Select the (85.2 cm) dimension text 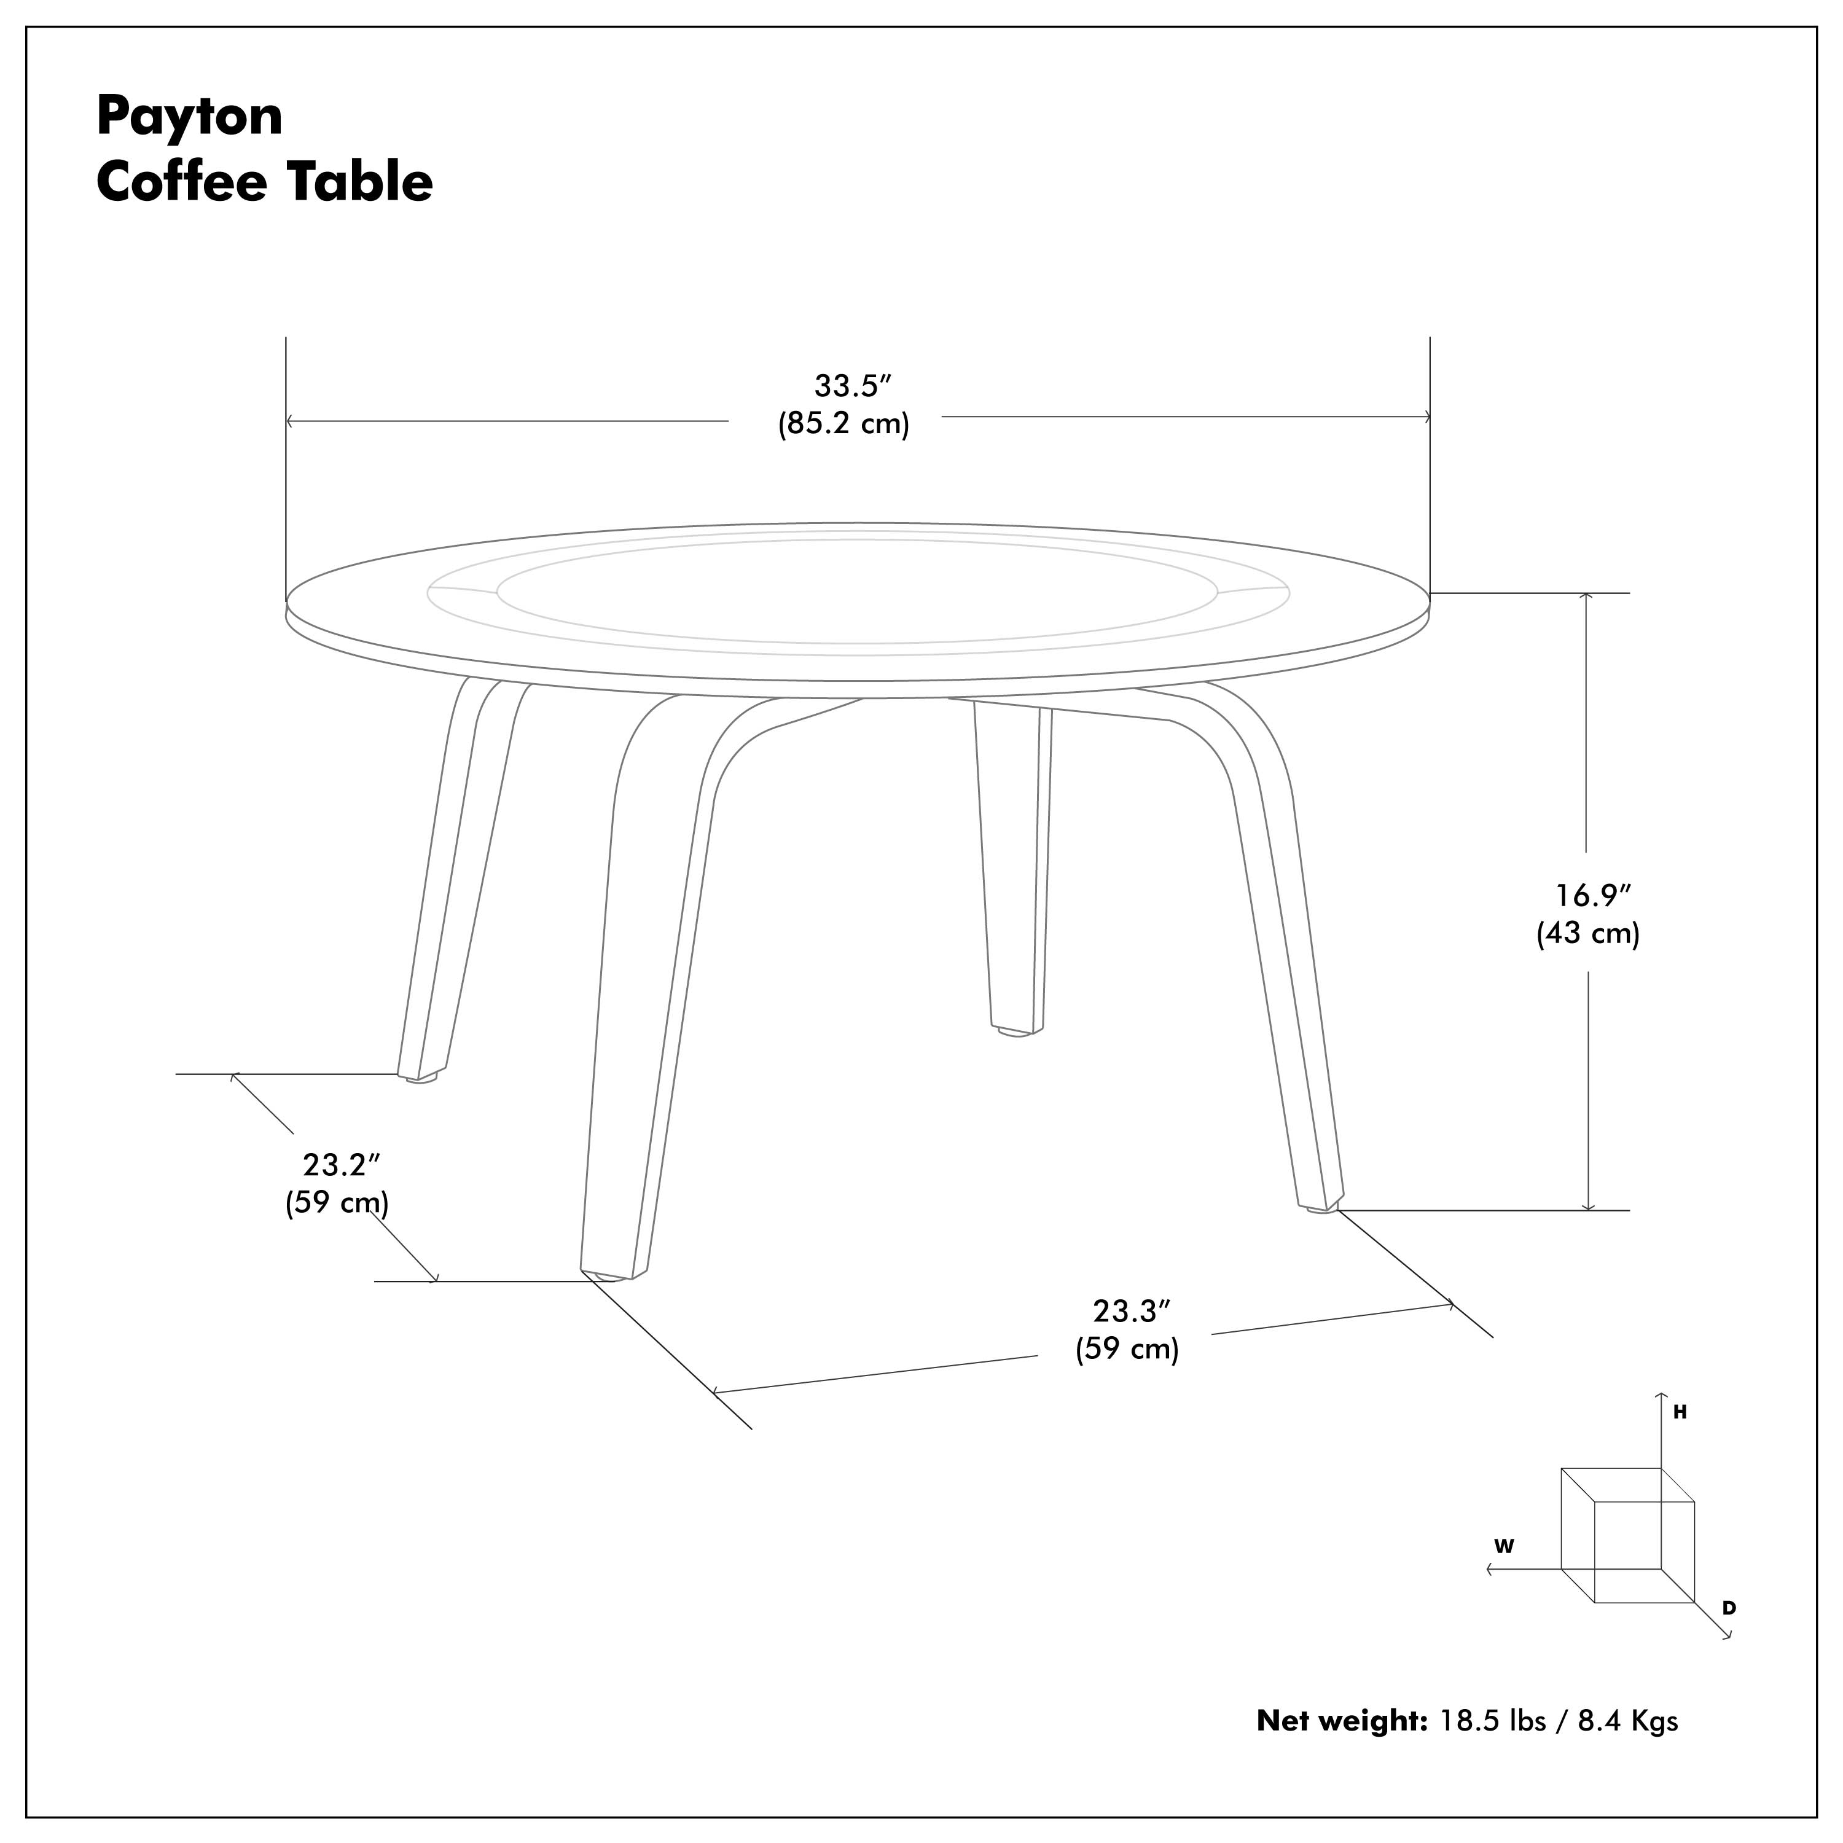pos(844,423)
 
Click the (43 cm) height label pos(1588,933)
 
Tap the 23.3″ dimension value pos(1132,1312)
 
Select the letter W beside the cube pos(1505,1546)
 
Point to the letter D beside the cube pos(1729,1608)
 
